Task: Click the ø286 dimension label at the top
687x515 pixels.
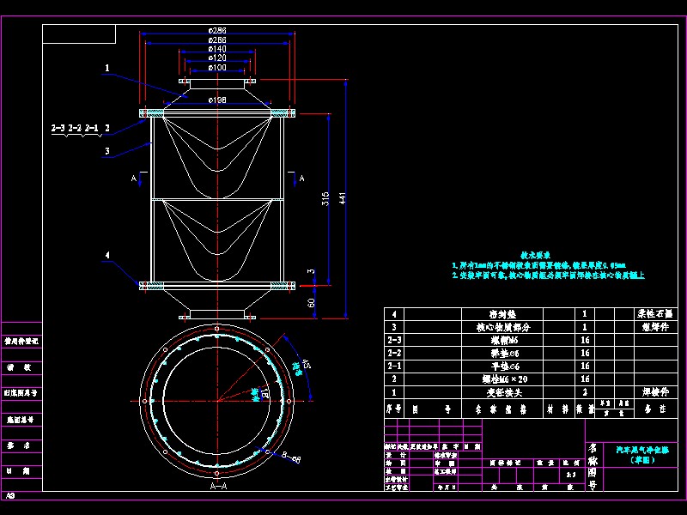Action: [217, 30]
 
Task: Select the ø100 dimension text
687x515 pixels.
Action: [217, 68]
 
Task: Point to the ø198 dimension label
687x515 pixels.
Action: [217, 100]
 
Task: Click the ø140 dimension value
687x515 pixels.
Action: [217, 49]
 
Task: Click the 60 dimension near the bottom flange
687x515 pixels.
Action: [311, 301]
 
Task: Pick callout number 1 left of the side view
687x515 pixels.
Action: [106, 67]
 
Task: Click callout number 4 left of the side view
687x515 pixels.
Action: [106, 255]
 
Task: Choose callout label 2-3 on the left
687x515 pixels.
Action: [58, 128]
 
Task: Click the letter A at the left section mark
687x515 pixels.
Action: [132, 179]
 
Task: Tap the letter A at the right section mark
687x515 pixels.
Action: [301, 179]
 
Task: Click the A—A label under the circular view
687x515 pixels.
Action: [218, 486]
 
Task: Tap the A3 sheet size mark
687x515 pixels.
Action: [10, 496]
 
